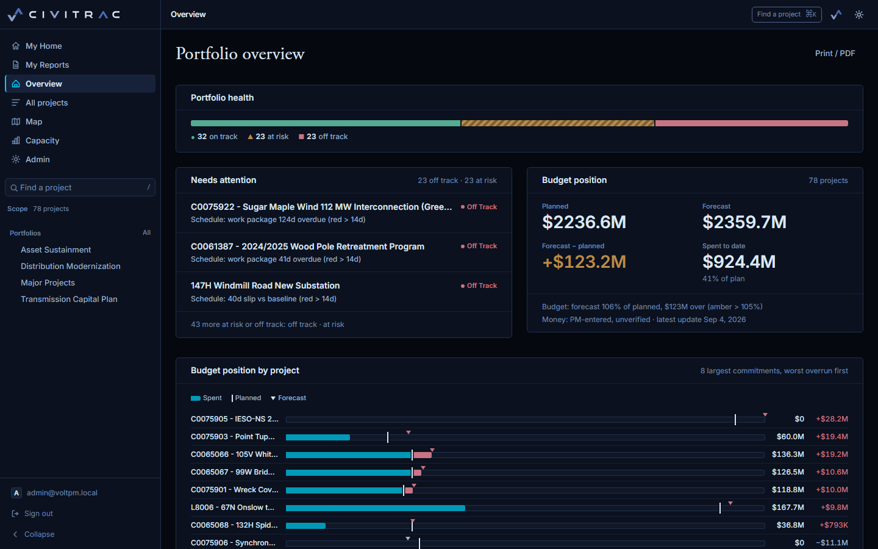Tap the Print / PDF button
point(835,53)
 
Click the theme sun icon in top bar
point(858,15)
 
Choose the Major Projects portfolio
point(48,283)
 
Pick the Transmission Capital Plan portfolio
point(69,299)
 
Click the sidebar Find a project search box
point(80,187)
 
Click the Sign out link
point(38,514)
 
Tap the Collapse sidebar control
point(39,534)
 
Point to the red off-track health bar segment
point(751,123)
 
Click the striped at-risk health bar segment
point(558,123)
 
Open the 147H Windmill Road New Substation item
point(265,285)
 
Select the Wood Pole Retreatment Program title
point(333,246)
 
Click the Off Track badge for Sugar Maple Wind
point(479,207)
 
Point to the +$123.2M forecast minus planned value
point(584,262)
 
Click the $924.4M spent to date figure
point(739,262)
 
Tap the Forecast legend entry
point(288,398)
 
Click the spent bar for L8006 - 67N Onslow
point(376,508)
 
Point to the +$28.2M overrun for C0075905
point(832,419)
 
